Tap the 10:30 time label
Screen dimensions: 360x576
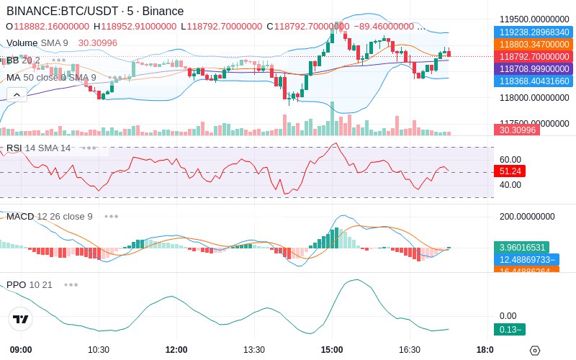tap(99, 350)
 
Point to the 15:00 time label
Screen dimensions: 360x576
tap(331, 350)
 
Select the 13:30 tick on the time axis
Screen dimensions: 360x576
tap(254, 350)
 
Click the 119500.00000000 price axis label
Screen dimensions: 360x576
tap(534, 19)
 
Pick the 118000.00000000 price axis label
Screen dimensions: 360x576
tap(534, 97)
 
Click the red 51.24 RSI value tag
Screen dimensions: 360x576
tap(509, 171)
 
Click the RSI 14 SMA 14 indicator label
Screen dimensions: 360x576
tap(39, 148)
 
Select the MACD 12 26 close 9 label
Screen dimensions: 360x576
tap(50, 216)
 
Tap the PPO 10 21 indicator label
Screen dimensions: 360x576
tap(30, 284)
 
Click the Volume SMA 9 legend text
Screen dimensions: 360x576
tap(37, 43)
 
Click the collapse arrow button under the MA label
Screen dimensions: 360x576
tap(17, 93)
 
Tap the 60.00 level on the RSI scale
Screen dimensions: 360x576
tap(510, 159)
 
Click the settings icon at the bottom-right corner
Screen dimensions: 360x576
tap(534, 351)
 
